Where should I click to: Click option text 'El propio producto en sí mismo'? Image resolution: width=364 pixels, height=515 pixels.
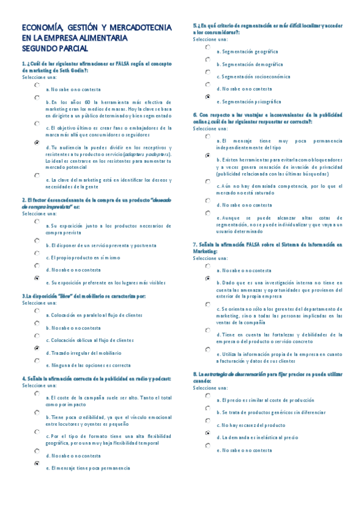[85, 257]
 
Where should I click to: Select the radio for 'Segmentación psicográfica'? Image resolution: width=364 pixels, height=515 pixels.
[208, 97]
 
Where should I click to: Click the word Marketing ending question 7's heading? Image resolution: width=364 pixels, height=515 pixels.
[205, 250]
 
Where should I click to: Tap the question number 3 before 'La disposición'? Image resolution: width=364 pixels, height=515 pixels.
[23, 296]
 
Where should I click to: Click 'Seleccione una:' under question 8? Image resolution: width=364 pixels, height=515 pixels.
[210, 387]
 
